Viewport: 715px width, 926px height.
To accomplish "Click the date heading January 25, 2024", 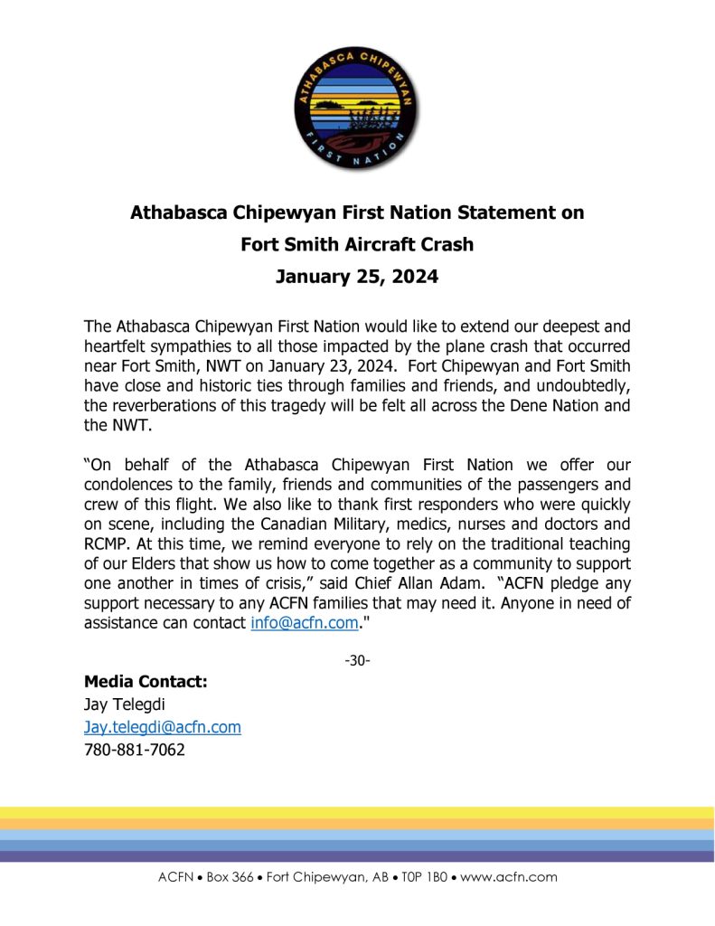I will (357, 277).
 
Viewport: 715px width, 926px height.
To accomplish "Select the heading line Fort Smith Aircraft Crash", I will (357, 244).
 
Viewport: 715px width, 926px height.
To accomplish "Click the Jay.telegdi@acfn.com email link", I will (162, 726).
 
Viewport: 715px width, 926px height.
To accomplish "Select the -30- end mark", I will (357, 660).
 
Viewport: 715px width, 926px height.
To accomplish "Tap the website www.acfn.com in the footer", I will (509, 876).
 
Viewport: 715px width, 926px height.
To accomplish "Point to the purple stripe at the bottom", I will (357, 856).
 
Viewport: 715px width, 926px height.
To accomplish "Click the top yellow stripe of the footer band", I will (357, 813).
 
